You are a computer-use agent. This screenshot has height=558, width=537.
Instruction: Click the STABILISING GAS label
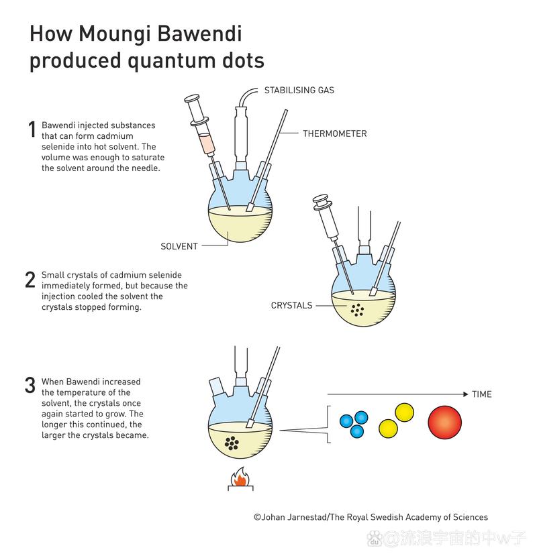point(299,90)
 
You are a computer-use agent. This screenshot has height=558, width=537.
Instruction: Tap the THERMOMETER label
point(334,133)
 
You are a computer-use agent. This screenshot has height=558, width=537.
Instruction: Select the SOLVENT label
point(179,246)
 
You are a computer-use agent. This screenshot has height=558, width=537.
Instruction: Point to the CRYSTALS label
point(291,305)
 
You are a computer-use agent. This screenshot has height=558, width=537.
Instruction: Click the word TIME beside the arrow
point(481,394)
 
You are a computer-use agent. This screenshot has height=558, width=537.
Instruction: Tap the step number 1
point(31,129)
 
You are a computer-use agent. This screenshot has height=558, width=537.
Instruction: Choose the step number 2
point(30,280)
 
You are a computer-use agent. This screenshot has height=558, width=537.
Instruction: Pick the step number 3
point(30,386)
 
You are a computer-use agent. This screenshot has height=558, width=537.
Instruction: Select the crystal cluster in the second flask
point(358,309)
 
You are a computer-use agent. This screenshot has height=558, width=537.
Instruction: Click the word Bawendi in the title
point(201,33)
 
